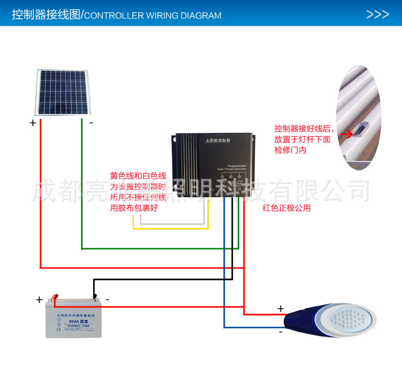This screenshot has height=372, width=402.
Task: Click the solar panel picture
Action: point(63,92)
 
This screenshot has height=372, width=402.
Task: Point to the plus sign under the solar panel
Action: point(33,123)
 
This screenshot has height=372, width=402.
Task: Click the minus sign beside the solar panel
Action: point(91,122)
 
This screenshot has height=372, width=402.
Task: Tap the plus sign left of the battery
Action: point(39,300)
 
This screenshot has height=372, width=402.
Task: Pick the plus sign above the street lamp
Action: point(280,308)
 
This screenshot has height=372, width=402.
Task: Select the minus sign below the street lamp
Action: point(280,332)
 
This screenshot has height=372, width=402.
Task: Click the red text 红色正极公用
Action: point(287,208)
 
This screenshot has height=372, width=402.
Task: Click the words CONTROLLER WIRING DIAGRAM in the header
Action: point(153,16)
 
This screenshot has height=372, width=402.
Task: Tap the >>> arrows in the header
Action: point(377,14)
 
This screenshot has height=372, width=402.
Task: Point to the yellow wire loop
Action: point(170,229)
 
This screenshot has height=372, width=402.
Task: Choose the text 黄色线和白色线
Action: point(138,176)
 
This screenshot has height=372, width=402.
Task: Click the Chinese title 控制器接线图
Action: point(45,15)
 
